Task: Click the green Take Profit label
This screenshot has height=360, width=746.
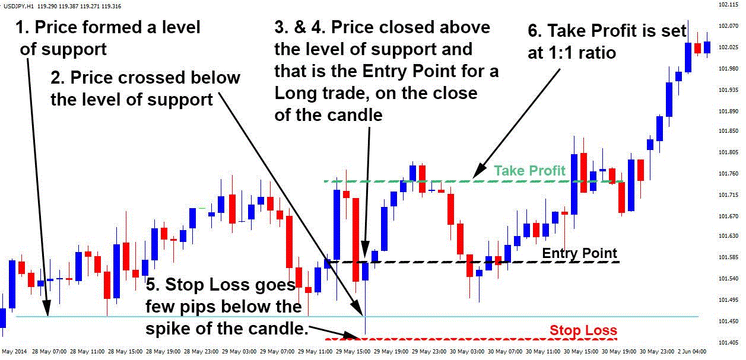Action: [x=529, y=171]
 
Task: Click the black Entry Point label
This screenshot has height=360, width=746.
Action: [x=579, y=253]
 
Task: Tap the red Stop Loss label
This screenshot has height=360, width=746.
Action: [x=583, y=330]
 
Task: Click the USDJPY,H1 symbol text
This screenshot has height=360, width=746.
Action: [x=18, y=6]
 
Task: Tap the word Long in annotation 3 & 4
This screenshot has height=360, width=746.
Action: [x=300, y=94]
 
